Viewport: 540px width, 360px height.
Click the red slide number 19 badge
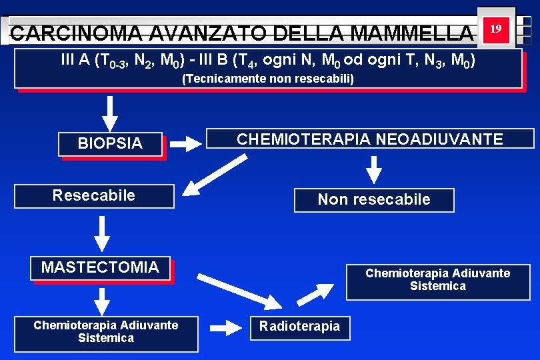pos(495,29)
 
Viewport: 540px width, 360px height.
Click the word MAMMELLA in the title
pos(411,33)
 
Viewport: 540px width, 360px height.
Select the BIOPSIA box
pos(110,143)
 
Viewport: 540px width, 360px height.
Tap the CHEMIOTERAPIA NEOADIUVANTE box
pos(370,139)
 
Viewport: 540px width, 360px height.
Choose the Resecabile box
pos(94,196)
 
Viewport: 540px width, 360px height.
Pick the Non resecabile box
pos(374,199)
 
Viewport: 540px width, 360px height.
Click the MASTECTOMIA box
pos(100,268)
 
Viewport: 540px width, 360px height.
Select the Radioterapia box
pos(299,326)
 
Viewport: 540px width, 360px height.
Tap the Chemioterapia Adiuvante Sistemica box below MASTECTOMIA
pos(106,332)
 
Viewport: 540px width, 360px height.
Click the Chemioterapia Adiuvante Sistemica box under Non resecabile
pos(438,280)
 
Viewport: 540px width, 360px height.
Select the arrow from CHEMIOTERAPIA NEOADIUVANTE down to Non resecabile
pos(375,167)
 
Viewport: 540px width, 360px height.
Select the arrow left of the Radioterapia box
pos(229,327)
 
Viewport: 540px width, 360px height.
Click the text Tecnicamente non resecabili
pos(268,79)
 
